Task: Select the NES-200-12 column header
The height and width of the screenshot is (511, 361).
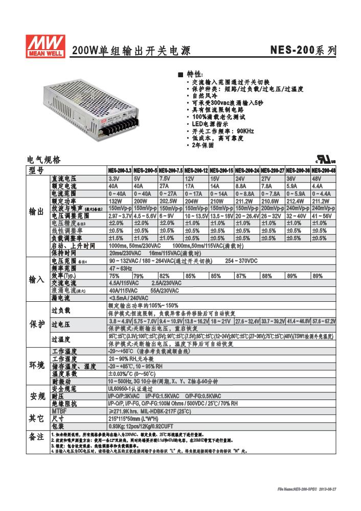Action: (x=196, y=170)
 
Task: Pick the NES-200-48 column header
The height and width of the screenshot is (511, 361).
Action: (x=324, y=170)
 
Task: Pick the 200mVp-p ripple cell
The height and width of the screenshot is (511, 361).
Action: (x=272, y=209)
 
